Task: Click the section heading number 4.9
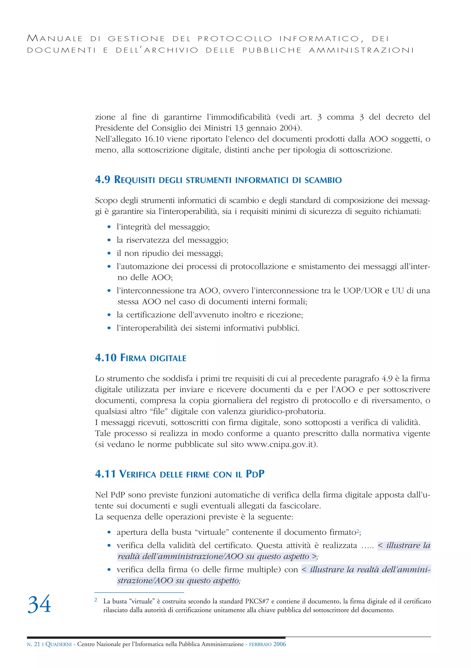coord(103,179)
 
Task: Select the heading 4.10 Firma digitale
coord(141,357)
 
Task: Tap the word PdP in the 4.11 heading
coord(255,474)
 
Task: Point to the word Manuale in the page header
coord(55,38)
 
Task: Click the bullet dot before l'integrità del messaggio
coord(109,227)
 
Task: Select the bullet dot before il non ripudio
coord(109,253)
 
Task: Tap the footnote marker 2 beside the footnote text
coord(96,600)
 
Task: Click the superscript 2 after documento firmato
coord(358,530)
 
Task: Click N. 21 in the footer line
coord(33,644)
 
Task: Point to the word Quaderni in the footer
coord(59,644)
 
